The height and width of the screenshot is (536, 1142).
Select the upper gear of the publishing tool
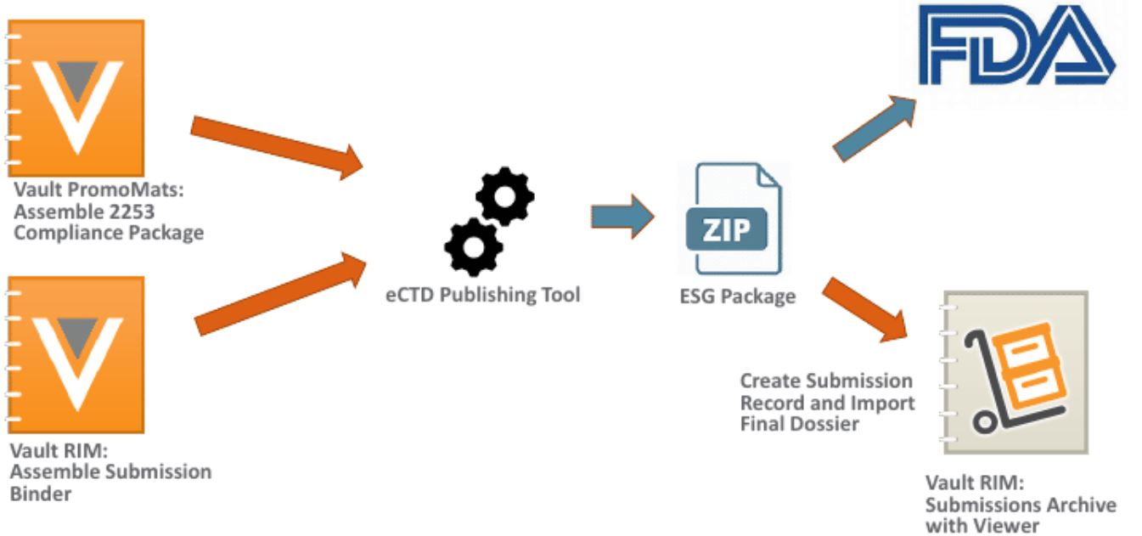(x=504, y=196)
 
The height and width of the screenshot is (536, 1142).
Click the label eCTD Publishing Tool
(x=481, y=296)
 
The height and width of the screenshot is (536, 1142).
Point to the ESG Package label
(x=736, y=296)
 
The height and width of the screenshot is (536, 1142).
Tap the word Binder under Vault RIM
(x=40, y=493)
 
